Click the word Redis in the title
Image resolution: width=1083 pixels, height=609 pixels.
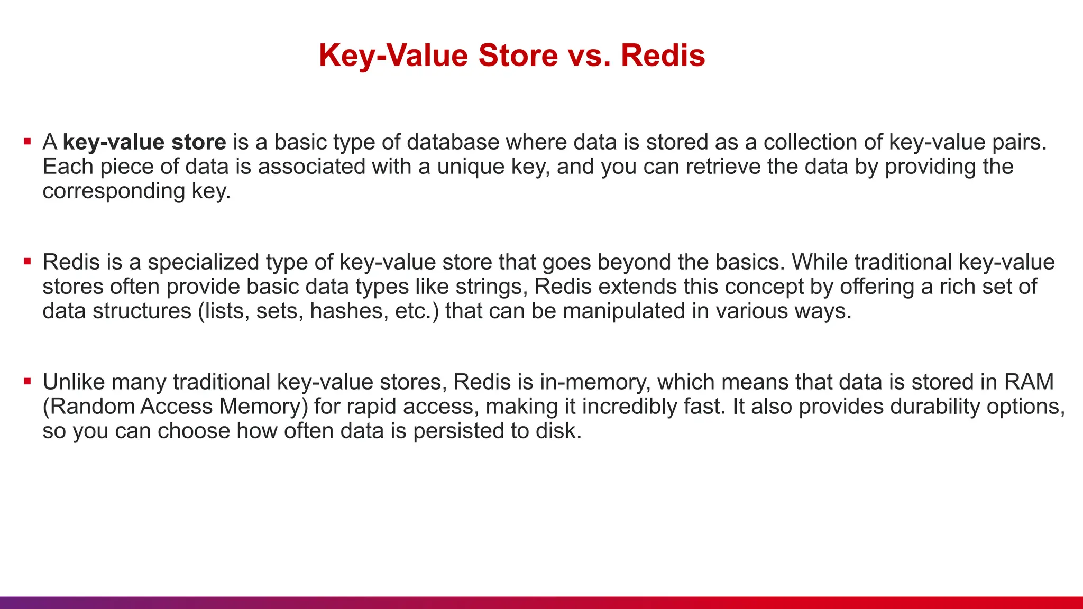click(x=663, y=55)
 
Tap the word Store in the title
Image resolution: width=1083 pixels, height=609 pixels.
click(x=518, y=55)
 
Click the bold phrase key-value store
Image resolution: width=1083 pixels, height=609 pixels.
click(x=144, y=142)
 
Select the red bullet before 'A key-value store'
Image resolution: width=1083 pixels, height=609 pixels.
click(x=27, y=141)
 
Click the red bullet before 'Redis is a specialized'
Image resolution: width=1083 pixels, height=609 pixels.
click(x=27, y=261)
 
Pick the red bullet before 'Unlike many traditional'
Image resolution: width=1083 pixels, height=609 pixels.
click(x=27, y=381)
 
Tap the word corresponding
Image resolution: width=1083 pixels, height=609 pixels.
click(x=114, y=191)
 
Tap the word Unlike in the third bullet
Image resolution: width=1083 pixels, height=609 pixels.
click(x=74, y=382)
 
